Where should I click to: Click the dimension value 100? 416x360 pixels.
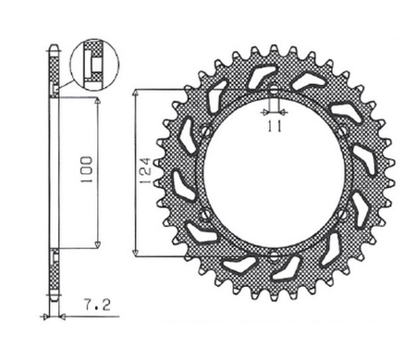click(x=85, y=169)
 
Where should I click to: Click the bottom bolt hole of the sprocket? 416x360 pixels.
click(x=274, y=252)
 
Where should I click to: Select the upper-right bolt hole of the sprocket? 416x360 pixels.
click(x=341, y=135)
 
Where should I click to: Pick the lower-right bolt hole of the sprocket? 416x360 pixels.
click(x=341, y=213)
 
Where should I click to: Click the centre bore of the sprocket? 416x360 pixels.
click(x=274, y=174)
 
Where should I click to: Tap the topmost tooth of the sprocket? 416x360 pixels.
click(x=274, y=47)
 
